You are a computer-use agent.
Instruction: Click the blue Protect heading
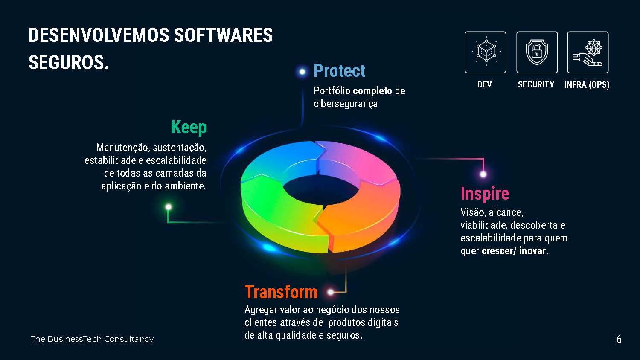tap(340, 70)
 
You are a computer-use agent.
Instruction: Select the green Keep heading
tap(189, 128)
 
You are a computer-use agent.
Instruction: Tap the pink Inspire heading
tap(485, 194)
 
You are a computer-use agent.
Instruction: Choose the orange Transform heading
tap(281, 292)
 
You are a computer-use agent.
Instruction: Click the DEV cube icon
tap(486, 52)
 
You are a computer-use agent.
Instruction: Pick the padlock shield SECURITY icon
tap(537, 52)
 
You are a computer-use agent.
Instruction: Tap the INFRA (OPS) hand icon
tap(588, 52)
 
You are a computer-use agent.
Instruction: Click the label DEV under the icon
tap(485, 84)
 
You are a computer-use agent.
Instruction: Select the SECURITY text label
tap(536, 84)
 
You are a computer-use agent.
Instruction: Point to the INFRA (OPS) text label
tap(587, 85)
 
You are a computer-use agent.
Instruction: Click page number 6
tap(619, 340)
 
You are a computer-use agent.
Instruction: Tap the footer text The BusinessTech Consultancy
tap(92, 339)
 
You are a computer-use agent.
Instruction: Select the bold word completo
tap(372, 91)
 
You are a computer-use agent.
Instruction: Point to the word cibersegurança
tap(346, 104)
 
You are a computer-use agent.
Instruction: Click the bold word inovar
tap(532, 251)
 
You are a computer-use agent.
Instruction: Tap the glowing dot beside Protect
tap(302, 72)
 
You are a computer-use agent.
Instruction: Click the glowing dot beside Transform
tap(331, 292)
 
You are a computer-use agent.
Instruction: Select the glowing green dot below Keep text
tap(169, 207)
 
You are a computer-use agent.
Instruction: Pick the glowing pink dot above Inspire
tap(483, 174)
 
